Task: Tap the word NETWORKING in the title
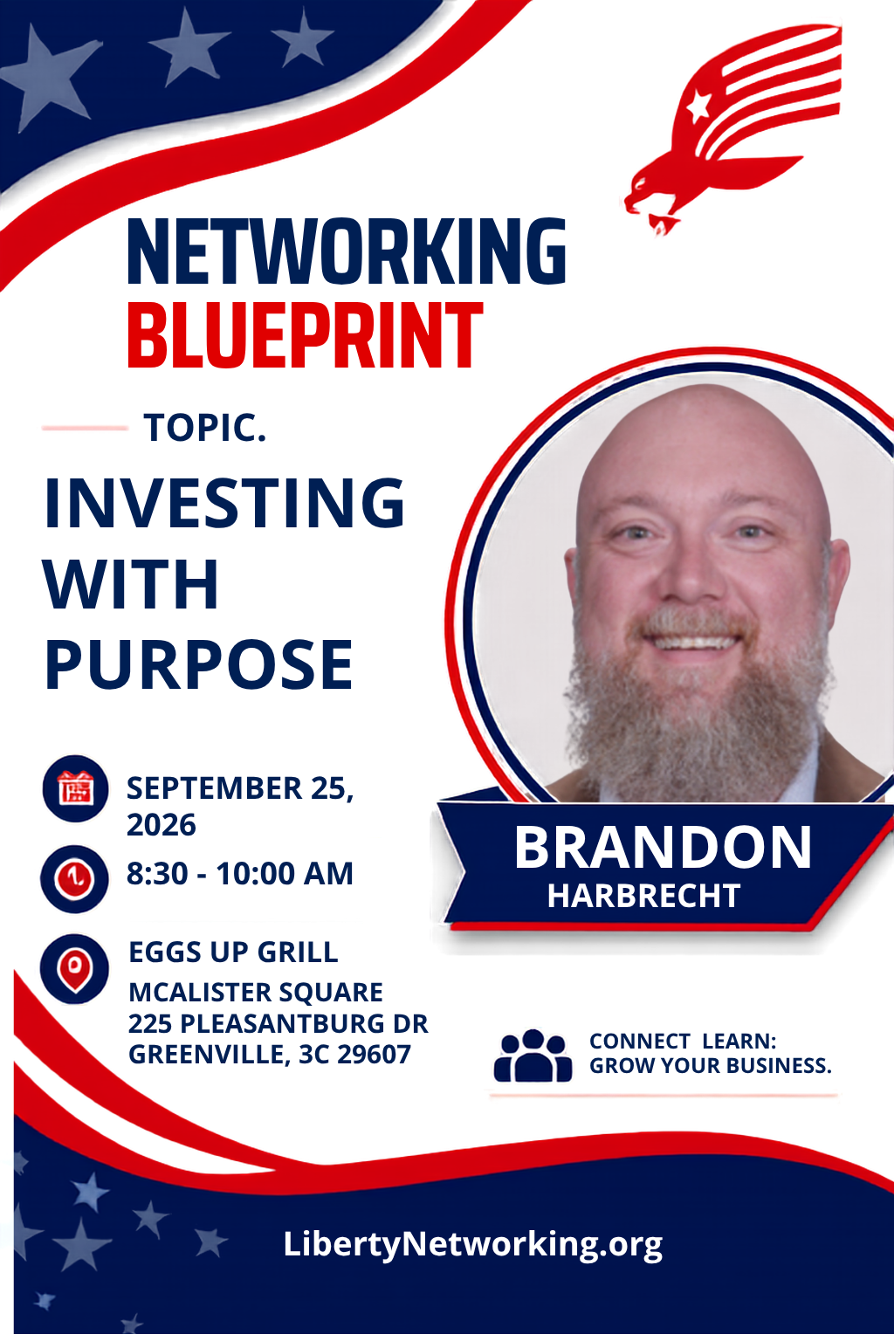(x=347, y=251)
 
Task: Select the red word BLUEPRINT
(x=305, y=335)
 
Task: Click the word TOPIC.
(x=205, y=428)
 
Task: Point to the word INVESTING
(x=224, y=503)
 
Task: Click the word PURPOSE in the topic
(x=199, y=664)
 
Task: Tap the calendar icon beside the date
(x=75, y=788)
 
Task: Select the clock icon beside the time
(x=75, y=879)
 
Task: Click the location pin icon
(x=75, y=968)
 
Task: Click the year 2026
(x=161, y=825)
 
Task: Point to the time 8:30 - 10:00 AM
(x=239, y=873)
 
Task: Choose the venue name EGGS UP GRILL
(x=233, y=952)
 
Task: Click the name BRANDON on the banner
(x=663, y=847)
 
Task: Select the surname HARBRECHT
(x=643, y=896)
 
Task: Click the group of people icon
(x=533, y=1056)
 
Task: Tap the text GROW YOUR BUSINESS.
(x=711, y=1066)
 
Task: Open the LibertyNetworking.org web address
(x=473, y=1244)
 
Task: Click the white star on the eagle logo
(x=698, y=106)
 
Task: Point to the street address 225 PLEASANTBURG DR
(x=279, y=1023)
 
